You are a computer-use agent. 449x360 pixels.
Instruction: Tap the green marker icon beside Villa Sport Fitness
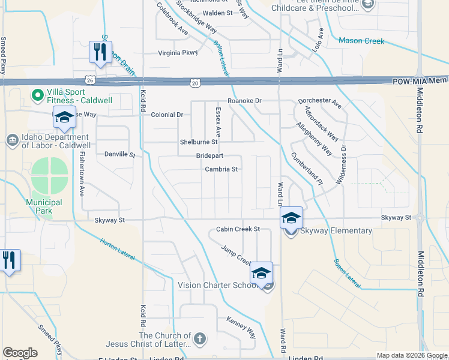(37, 94)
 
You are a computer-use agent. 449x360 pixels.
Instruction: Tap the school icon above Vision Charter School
(261, 273)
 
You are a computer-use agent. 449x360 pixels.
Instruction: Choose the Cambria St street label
(221, 169)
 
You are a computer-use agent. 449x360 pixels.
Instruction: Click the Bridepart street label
(209, 155)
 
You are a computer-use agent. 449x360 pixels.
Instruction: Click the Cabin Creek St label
(238, 229)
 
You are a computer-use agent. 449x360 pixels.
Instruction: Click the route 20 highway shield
(196, 82)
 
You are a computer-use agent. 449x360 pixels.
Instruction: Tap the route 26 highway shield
(89, 80)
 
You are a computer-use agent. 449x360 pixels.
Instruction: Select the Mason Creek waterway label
(361, 41)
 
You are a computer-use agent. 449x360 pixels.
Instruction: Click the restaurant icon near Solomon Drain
(99, 52)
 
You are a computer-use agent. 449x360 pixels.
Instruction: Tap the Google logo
(20, 352)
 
